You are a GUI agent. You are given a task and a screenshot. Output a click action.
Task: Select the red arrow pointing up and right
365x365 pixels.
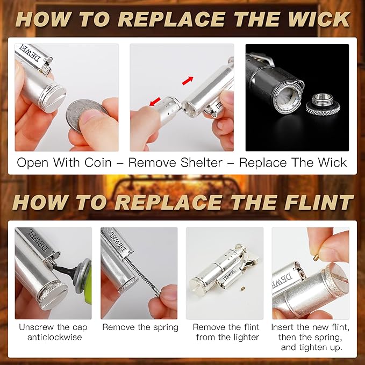tap(188, 81)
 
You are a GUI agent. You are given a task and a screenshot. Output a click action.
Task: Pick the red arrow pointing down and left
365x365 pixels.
tap(155, 102)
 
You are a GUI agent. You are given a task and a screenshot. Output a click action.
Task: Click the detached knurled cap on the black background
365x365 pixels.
tap(323, 105)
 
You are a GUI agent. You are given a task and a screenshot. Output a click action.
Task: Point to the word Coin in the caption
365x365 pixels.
tap(98, 162)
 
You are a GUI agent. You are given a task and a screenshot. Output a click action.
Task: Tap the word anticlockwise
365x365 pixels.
tap(54, 337)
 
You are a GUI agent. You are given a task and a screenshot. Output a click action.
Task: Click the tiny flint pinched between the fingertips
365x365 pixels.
tap(316, 257)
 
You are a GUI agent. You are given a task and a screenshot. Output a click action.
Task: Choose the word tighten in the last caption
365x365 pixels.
tap(311, 347)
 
